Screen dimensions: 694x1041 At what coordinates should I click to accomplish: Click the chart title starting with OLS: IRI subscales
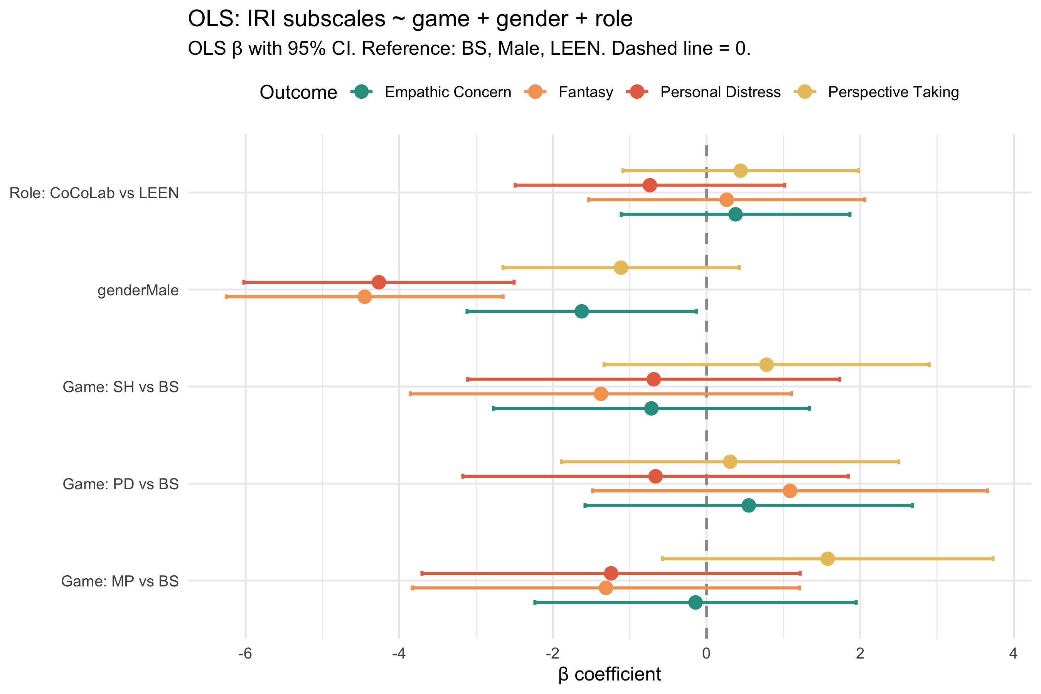[410, 19]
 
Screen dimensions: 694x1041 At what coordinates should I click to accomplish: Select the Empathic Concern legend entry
[448, 92]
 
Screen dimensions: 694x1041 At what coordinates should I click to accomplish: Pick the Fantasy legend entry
[585, 92]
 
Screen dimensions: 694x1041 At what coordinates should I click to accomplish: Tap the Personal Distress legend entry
[720, 92]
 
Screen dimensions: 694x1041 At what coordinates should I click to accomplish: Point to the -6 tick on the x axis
[245, 653]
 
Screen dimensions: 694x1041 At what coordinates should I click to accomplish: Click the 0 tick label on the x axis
[706, 653]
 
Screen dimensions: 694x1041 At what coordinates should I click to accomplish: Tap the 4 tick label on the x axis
[1014, 653]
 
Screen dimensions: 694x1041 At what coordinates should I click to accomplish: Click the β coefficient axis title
[609, 674]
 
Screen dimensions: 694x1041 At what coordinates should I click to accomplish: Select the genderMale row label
[138, 290]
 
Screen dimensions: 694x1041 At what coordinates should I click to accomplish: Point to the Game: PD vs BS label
[120, 484]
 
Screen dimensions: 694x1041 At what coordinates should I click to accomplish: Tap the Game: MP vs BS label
[120, 581]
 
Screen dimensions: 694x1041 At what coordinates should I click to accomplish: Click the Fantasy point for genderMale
[364, 296]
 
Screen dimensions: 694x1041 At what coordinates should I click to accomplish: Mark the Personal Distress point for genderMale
[379, 282]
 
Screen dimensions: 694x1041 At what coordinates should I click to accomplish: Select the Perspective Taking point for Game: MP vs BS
[827, 559]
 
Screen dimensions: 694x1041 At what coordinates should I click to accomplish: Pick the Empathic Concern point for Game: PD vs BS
[748, 505]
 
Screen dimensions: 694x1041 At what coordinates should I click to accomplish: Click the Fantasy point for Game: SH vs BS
[601, 394]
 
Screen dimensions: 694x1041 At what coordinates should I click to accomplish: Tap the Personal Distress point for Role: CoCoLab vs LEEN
[650, 185]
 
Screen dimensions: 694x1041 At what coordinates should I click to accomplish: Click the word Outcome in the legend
[298, 92]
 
